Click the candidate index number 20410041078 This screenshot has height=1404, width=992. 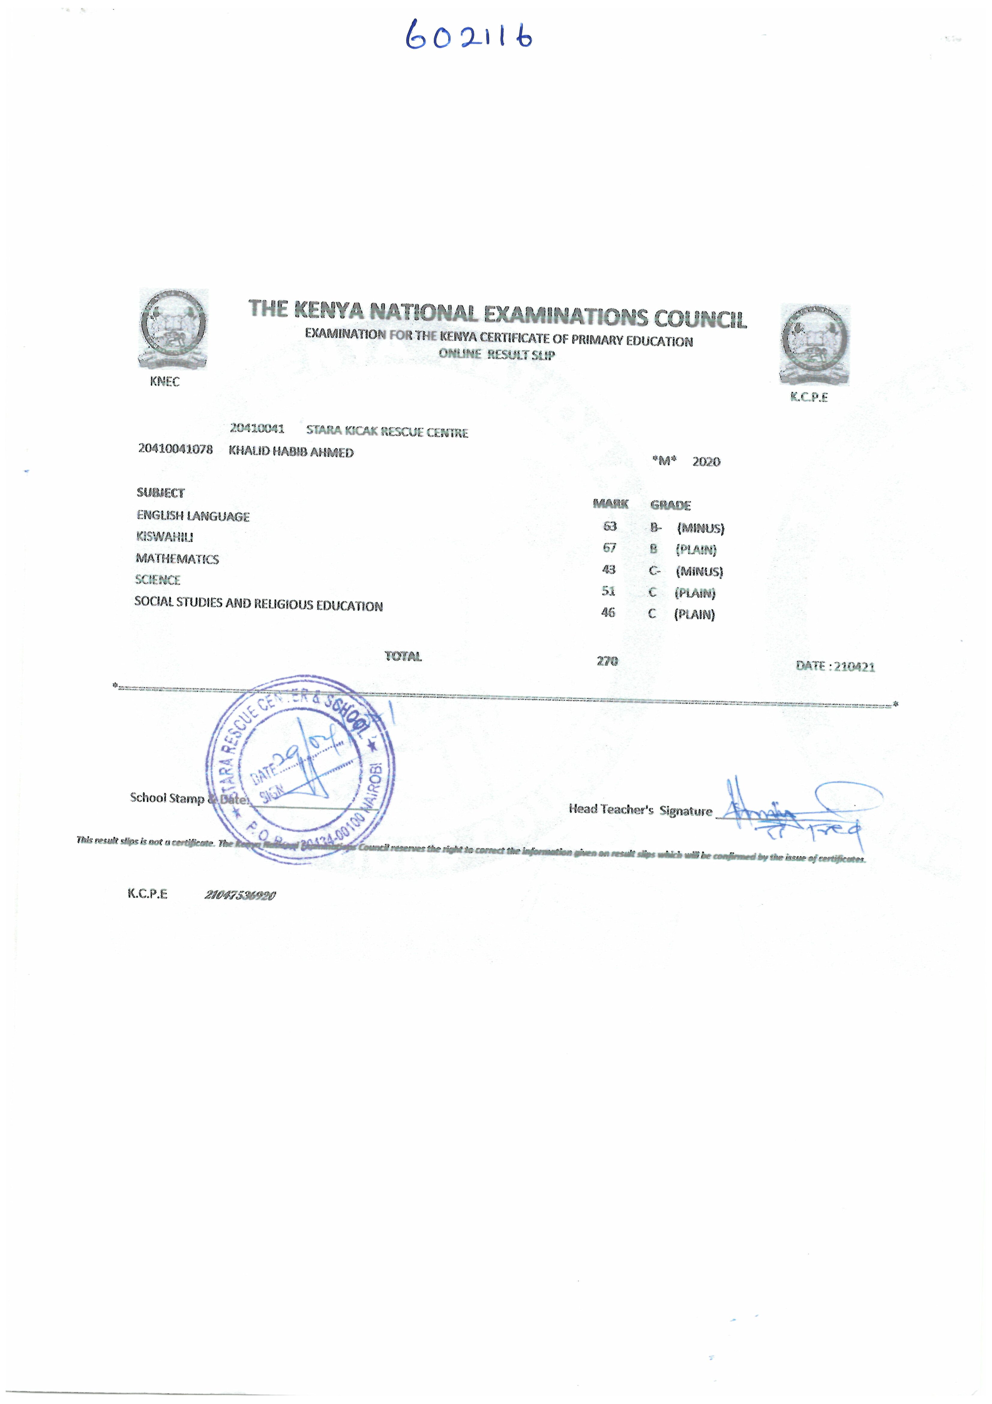coord(175,449)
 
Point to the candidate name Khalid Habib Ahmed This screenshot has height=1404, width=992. coord(291,452)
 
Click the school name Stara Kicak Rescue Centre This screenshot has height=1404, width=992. coord(387,431)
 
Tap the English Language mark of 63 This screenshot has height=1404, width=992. coord(609,526)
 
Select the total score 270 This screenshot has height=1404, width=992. coord(607,660)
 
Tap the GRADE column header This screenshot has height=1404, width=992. coord(670,505)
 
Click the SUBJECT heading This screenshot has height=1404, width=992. coord(160,492)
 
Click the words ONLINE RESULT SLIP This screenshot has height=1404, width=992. coord(496,354)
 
